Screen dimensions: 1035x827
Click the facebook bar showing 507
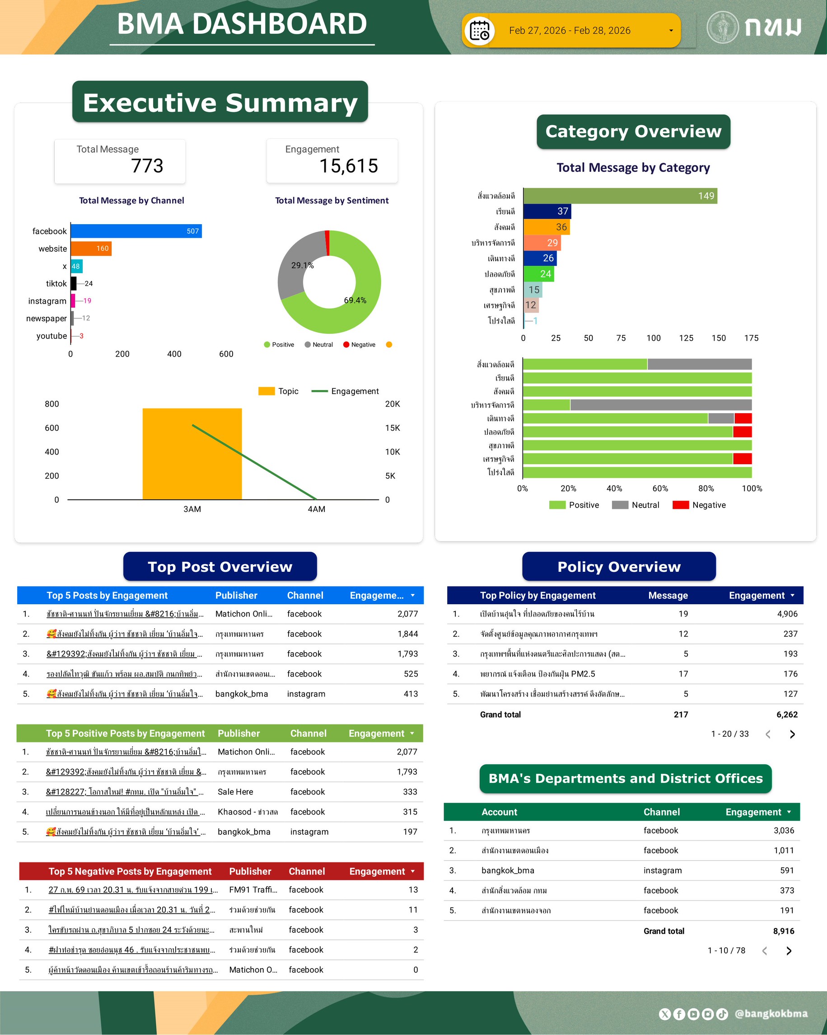[136, 231]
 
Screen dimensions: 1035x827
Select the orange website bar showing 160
[91, 248]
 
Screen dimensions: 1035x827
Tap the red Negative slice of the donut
[327, 242]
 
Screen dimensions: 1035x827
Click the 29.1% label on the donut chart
[302, 265]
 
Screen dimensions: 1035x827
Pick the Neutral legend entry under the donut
[319, 345]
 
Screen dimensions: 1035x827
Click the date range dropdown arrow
[671, 31]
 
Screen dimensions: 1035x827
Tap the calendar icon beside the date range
[479, 31]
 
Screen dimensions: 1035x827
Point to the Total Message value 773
[147, 166]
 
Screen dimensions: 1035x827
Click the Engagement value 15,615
[349, 166]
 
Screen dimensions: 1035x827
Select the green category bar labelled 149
[620, 196]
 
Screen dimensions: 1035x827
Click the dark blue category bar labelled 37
[547, 211]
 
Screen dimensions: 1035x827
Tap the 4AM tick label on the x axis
[316, 509]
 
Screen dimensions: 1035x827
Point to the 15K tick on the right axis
[392, 428]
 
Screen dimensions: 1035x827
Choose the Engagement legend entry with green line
[346, 391]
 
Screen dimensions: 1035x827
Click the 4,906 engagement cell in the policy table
[787, 613]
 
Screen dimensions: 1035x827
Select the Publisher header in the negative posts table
[250, 871]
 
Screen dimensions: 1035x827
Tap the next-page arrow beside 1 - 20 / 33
[792, 734]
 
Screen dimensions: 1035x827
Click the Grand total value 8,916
[783, 931]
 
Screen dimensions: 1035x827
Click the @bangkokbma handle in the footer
[771, 1014]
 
